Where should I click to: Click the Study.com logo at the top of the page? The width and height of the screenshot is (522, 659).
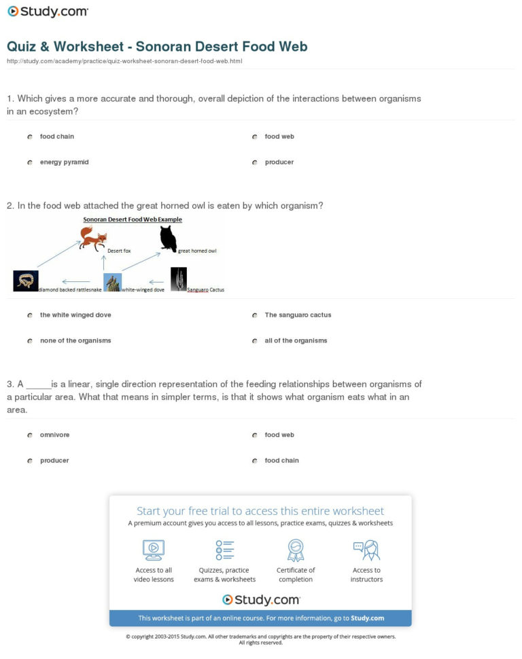click(48, 12)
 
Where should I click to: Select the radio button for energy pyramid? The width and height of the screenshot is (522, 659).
click(30, 162)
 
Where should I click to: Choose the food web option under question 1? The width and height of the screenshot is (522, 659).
click(255, 137)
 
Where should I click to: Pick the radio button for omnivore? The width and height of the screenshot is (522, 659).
click(30, 435)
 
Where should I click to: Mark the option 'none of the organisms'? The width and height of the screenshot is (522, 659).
click(30, 340)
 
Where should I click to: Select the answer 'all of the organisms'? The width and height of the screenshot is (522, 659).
click(255, 340)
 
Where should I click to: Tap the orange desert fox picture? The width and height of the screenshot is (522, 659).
click(93, 238)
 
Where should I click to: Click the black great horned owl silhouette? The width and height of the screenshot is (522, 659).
click(168, 238)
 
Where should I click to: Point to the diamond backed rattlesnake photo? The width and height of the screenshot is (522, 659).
click(26, 281)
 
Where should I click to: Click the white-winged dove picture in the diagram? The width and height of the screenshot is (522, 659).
click(112, 282)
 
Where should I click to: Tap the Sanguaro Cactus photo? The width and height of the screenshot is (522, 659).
click(178, 279)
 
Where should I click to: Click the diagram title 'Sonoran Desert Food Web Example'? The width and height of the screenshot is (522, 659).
click(133, 219)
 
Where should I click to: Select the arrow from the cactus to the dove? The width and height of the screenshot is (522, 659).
click(157, 281)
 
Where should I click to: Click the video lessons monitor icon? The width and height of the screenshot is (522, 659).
click(154, 549)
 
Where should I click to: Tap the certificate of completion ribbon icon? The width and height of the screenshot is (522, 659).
click(296, 549)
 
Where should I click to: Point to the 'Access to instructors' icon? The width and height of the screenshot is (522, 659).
click(366, 549)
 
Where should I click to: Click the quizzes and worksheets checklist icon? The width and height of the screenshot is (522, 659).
click(224, 549)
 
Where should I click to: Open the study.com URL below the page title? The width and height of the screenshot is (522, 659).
click(124, 61)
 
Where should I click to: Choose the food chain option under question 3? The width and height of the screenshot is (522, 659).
click(255, 461)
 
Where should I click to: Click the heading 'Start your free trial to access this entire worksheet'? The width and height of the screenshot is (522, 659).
click(260, 511)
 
